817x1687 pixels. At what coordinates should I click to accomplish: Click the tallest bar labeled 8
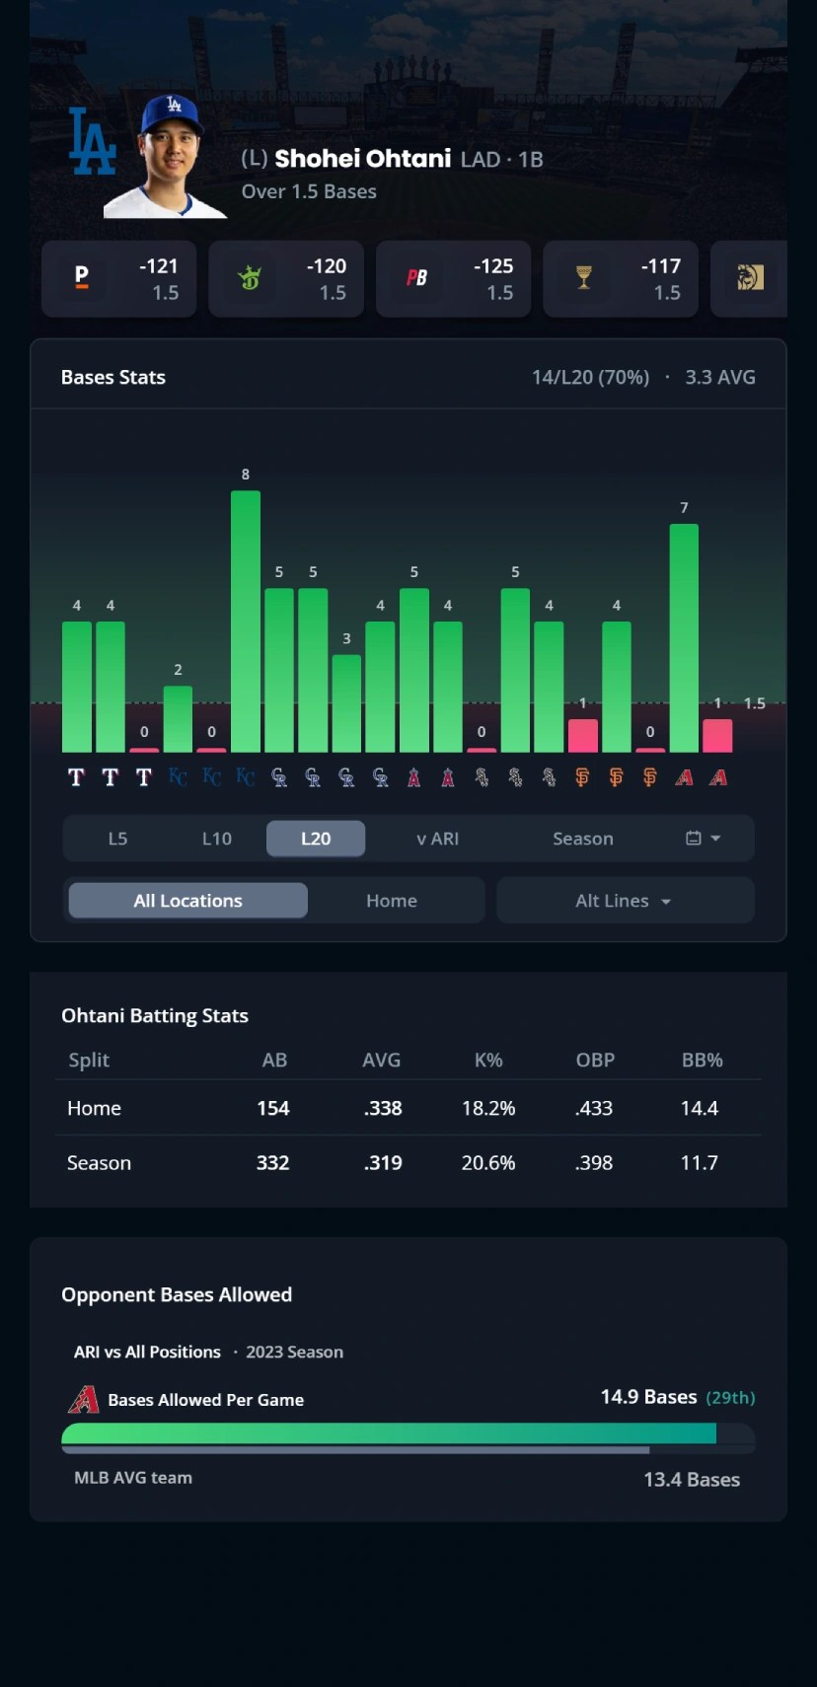point(246,622)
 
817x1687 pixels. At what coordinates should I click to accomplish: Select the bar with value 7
point(684,637)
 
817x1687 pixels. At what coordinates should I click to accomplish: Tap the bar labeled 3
point(346,702)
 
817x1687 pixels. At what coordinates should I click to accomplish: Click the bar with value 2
point(178,718)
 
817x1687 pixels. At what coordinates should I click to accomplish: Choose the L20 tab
point(316,839)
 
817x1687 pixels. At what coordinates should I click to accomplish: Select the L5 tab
point(117,839)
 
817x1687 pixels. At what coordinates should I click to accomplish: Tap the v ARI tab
point(437,839)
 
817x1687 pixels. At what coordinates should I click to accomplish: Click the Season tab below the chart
point(582,839)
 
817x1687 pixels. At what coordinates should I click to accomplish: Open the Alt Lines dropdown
point(625,901)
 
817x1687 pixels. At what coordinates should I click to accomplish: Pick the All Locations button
point(187,901)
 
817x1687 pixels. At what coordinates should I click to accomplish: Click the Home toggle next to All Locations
point(392,901)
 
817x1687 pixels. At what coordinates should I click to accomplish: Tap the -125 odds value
point(493,266)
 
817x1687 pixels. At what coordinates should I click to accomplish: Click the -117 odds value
point(660,266)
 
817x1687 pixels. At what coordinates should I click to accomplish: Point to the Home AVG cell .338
point(383,1108)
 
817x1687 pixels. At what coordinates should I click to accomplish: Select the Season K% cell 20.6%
point(488,1163)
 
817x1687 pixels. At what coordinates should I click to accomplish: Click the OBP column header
point(595,1060)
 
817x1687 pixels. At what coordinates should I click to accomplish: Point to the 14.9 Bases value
point(648,1397)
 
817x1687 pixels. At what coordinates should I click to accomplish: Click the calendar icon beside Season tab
point(694,839)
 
